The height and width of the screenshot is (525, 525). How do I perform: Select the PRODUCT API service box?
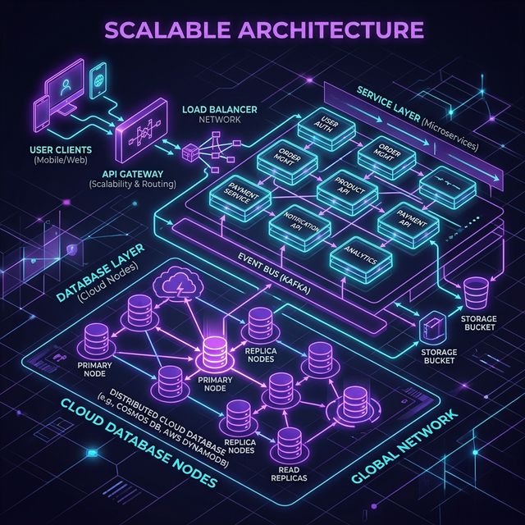[x=348, y=187]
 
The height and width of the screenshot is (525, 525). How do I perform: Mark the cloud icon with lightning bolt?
[x=177, y=286]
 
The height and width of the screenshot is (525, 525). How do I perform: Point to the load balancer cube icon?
[x=189, y=152]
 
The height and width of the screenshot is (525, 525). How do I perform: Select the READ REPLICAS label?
[x=294, y=472]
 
